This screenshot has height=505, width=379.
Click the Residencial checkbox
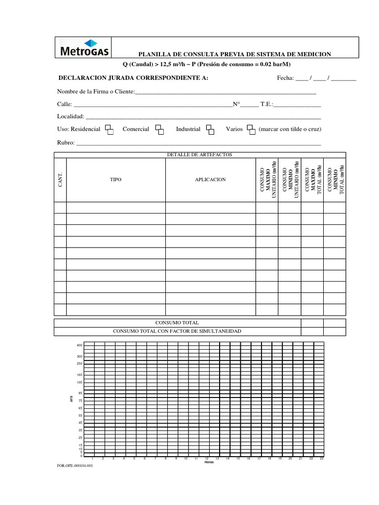click(109, 129)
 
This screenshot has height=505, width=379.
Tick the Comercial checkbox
click(159, 129)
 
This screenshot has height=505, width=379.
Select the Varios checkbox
click(251, 129)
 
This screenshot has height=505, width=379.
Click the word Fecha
click(285, 78)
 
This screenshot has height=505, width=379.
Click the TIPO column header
click(115, 180)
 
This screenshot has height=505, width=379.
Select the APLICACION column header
click(210, 180)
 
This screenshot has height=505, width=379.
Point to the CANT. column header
click(60, 180)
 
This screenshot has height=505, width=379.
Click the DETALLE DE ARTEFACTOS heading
click(199, 155)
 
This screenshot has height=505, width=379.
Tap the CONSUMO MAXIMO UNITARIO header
click(267, 180)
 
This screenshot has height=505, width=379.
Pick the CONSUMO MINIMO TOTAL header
click(335, 180)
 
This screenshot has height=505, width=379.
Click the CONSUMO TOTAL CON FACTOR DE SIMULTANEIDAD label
click(177, 331)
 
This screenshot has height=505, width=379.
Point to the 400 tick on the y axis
click(79, 345)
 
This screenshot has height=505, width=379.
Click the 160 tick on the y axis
click(79, 375)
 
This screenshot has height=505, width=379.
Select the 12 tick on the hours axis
click(207, 459)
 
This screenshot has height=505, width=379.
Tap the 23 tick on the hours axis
click(321, 459)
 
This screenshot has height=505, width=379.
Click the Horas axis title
click(209, 463)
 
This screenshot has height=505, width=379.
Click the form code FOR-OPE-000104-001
click(75, 465)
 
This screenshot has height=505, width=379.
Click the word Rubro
click(65, 143)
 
